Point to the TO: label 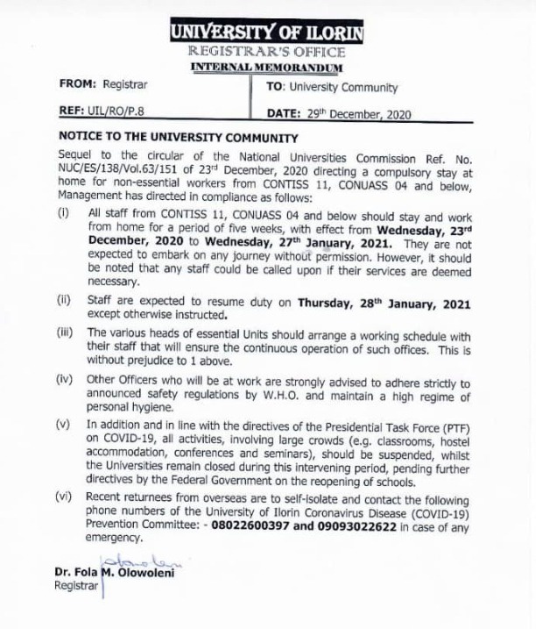[275, 88]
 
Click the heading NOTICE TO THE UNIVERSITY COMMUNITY [179, 138]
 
